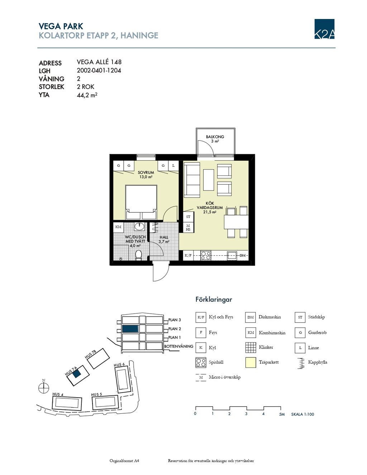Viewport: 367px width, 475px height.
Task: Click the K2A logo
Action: coord(324,29)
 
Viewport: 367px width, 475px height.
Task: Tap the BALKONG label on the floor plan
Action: coord(215,137)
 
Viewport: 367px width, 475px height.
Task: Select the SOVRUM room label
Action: coord(146,172)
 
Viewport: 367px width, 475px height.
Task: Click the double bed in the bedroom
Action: coord(141,202)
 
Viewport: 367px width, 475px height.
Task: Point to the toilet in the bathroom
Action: coord(138,255)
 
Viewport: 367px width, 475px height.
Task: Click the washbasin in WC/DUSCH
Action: coord(139,227)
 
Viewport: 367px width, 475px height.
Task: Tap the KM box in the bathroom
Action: coord(118,227)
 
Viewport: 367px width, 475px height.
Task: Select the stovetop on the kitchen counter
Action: coord(206,255)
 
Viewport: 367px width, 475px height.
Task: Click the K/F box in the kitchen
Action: coord(188,255)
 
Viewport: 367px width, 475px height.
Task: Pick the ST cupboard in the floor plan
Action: coord(188,217)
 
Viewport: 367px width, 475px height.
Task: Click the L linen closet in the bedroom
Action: coord(173,166)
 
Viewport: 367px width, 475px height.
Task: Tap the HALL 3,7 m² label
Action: coord(164,239)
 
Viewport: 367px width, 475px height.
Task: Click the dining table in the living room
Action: coord(236,222)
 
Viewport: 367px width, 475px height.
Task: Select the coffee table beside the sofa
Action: coord(209,180)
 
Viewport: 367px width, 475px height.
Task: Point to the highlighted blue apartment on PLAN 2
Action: coord(130,329)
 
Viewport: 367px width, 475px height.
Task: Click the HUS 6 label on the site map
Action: coord(119,365)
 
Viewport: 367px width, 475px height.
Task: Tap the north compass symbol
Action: coord(44,388)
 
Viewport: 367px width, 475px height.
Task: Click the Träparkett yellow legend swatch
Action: coord(251,362)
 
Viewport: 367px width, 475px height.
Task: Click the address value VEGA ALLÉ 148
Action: coord(99,62)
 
